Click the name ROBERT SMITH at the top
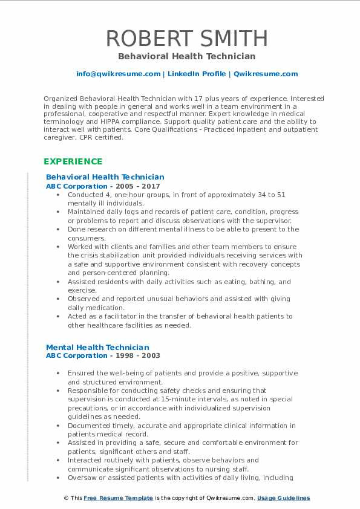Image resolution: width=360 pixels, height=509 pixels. coord(186,38)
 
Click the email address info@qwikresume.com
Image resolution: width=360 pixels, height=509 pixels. coord(118,74)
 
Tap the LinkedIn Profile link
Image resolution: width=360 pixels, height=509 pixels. coord(197,74)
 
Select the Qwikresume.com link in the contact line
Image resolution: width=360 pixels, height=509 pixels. coord(266,74)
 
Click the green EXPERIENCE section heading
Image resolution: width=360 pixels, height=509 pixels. coord(73,161)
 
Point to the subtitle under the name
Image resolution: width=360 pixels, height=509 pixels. coord(186,56)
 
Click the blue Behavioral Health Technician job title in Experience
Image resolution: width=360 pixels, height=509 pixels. coord(105,177)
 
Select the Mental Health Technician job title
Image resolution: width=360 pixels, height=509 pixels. coord(97,347)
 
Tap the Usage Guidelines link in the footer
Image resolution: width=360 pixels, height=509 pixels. coord(283,498)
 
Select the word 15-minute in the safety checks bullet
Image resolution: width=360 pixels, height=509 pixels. coord(188,399)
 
